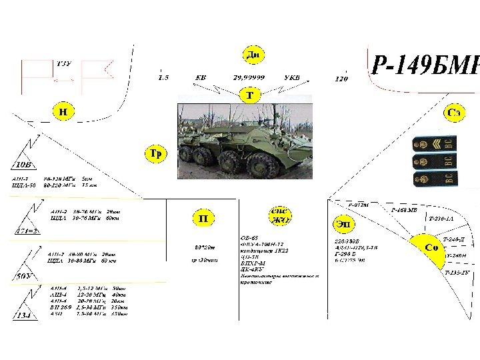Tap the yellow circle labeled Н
point(62,111)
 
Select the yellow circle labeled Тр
point(155,154)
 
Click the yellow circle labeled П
point(204,218)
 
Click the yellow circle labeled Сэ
point(453,114)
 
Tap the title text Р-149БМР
point(424,65)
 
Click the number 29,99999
point(249,77)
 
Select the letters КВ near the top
point(200,77)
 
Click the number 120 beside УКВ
point(341,79)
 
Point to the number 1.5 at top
point(163,77)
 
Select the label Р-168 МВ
point(405,210)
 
